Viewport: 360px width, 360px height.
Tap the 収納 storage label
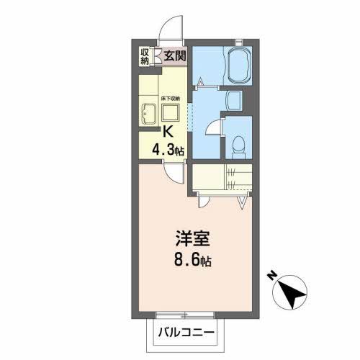point(145,56)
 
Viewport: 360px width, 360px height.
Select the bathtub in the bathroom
point(238,66)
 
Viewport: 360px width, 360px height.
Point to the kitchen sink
point(150,113)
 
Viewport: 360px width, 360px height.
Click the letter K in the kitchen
point(168,132)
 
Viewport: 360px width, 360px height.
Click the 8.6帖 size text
point(191,259)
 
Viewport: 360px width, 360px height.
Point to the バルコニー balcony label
point(183,333)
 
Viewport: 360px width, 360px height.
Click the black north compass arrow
point(293,292)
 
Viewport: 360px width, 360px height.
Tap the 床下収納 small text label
point(171,97)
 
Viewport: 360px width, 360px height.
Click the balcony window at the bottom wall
point(185,315)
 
